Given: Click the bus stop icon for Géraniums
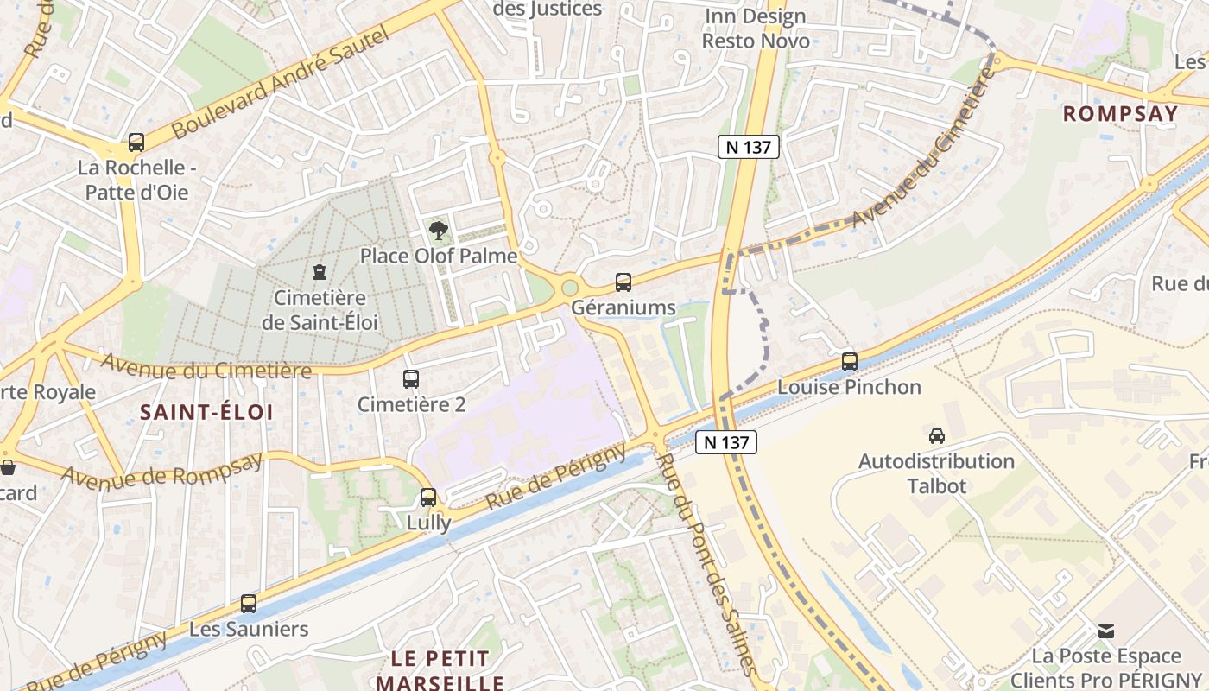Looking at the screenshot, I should coord(623,282).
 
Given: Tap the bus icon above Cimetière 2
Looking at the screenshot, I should coord(411,378).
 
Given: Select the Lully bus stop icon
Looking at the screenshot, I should coord(428,498).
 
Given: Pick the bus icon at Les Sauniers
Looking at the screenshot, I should coord(249,604).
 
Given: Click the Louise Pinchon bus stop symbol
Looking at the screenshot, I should coord(850,362).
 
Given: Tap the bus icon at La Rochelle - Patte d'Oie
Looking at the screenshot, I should coord(136,143).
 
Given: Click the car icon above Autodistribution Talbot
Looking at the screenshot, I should coord(937,436).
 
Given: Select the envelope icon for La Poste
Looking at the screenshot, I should coord(1106,631).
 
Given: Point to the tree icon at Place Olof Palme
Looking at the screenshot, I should coord(439,231).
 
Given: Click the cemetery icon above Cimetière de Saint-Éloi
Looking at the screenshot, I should coord(320,272).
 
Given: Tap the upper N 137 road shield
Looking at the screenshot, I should coord(749,147).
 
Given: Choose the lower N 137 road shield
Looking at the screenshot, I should coord(726,442).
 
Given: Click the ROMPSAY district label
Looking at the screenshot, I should coord(1120,113).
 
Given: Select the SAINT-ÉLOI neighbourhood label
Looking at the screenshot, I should coord(206,412).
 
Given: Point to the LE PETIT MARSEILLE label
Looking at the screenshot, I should coord(440,670).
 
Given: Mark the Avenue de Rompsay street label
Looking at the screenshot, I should coord(161,472).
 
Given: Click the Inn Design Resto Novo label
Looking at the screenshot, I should coord(755,29).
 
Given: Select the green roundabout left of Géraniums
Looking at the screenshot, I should coord(569,287).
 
